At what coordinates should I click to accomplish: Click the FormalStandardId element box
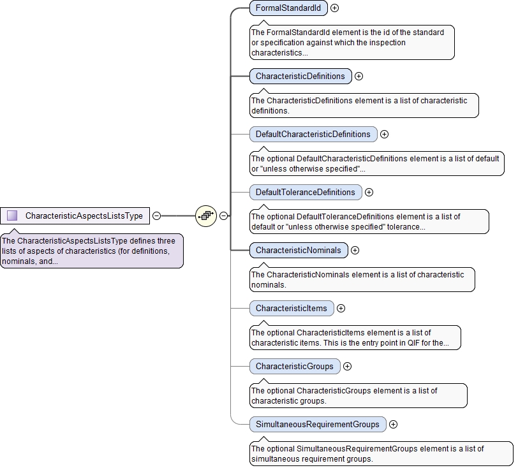[x=288, y=8]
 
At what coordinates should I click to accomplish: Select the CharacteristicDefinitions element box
[x=300, y=76]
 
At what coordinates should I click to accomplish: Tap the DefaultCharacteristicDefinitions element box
[x=313, y=134]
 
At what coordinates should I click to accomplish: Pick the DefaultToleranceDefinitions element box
[x=305, y=192]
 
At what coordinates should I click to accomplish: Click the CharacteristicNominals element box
[x=299, y=250]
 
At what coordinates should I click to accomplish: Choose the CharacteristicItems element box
[x=291, y=308]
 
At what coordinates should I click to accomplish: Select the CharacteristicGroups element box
[x=294, y=366]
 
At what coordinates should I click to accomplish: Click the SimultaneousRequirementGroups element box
[x=317, y=424]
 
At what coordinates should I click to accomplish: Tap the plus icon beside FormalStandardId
[x=334, y=8]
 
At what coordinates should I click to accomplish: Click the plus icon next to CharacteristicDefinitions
[x=359, y=76]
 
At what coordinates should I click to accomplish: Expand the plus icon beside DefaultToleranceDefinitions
[x=369, y=192]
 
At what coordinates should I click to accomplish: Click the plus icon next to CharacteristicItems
[x=341, y=308]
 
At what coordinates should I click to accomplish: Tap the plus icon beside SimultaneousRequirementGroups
[x=393, y=424]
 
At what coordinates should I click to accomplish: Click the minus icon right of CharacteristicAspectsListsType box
[x=156, y=216]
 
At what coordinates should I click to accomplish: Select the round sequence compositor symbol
[x=206, y=216]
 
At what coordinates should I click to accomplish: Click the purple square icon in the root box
[x=12, y=216]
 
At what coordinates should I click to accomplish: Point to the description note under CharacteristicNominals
[x=362, y=279]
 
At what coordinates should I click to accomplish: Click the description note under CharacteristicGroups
[x=358, y=395]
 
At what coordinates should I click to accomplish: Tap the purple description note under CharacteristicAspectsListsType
[x=91, y=251]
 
